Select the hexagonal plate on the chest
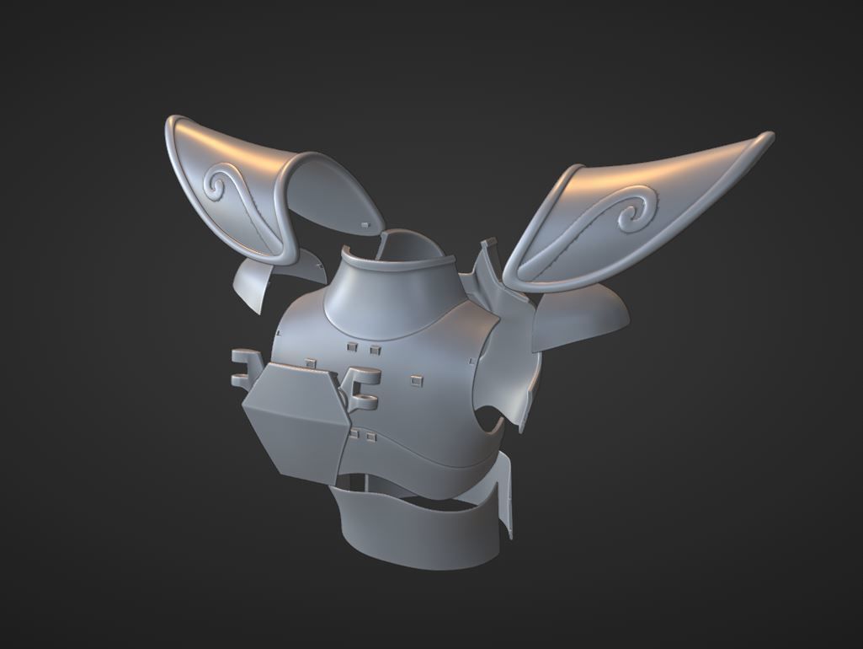[294, 413]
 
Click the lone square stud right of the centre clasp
[415, 381]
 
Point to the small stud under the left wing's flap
[364, 224]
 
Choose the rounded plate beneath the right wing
[581, 320]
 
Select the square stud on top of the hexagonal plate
[310, 362]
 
